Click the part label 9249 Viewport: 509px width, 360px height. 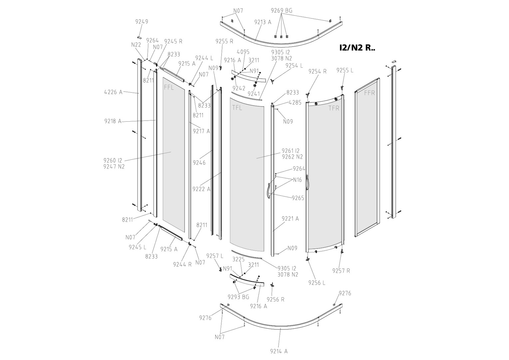(x=142, y=22)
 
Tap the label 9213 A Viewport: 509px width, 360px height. (x=263, y=22)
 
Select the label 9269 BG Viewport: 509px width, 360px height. (x=281, y=10)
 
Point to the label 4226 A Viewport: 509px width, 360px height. (x=113, y=92)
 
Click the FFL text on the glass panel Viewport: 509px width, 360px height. (x=169, y=88)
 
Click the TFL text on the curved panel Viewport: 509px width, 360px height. (x=237, y=108)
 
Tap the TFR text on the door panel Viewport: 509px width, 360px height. (x=334, y=108)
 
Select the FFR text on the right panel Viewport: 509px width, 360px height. (x=369, y=93)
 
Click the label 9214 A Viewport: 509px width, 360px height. (x=279, y=351)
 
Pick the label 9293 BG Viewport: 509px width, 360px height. (x=239, y=297)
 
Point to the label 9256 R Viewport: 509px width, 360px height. (x=275, y=300)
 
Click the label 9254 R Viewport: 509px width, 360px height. (x=317, y=71)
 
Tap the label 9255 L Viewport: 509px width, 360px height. (x=345, y=70)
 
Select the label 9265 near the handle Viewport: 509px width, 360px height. (x=298, y=198)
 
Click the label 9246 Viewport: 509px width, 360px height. (x=199, y=163)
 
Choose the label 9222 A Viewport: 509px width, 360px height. (x=201, y=189)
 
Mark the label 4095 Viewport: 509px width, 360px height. (x=243, y=52)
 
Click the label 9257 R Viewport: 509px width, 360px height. (x=341, y=271)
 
